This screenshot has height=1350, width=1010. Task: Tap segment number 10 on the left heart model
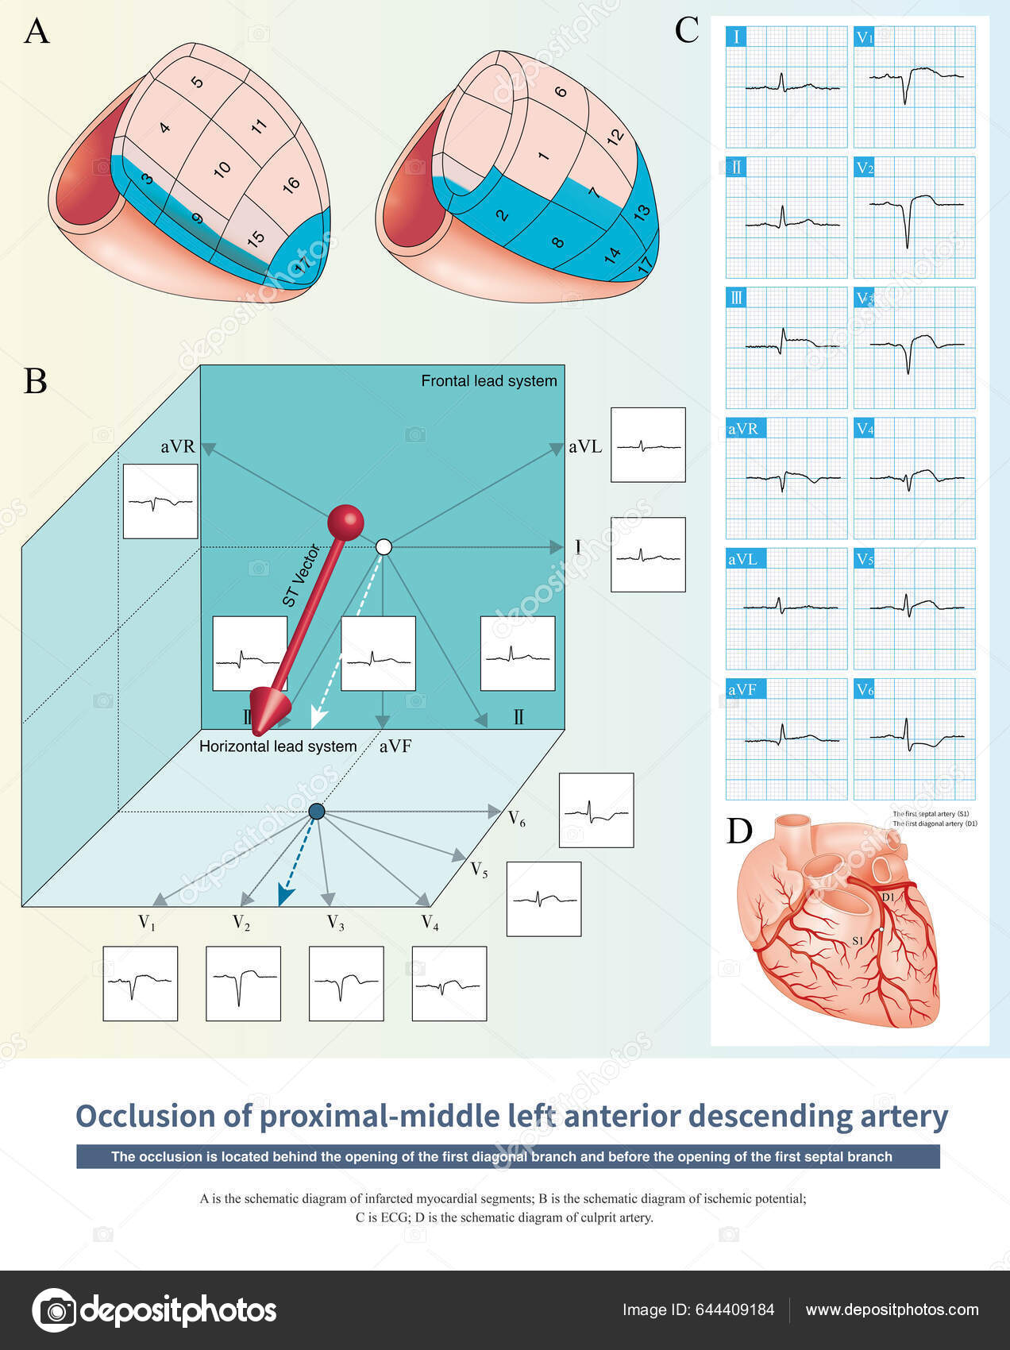coord(222,168)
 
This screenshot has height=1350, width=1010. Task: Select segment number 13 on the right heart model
coord(642,210)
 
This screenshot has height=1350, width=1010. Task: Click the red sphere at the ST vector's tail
coord(345,523)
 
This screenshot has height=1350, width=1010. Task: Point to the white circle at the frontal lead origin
coord(384,546)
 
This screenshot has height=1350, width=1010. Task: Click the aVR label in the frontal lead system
coord(177,446)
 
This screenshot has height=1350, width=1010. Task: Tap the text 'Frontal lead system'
coord(488,381)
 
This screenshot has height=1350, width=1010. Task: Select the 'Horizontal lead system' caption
coord(278,746)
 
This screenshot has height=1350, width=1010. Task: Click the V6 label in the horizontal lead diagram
coord(516,818)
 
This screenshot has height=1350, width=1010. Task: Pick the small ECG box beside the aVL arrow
coord(648,445)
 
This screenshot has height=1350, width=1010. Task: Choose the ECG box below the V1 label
coord(141,983)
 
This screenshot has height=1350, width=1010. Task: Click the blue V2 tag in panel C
coord(865,168)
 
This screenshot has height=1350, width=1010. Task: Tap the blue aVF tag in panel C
coord(743,689)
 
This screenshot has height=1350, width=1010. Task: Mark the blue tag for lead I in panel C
coord(737,37)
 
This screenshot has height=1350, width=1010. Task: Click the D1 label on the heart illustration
coord(888,897)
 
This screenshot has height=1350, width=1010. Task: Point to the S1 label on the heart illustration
coord(858,940)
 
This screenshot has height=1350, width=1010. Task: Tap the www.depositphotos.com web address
coord(892,1309)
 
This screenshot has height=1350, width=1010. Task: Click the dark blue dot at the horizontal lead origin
coord(316,812)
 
